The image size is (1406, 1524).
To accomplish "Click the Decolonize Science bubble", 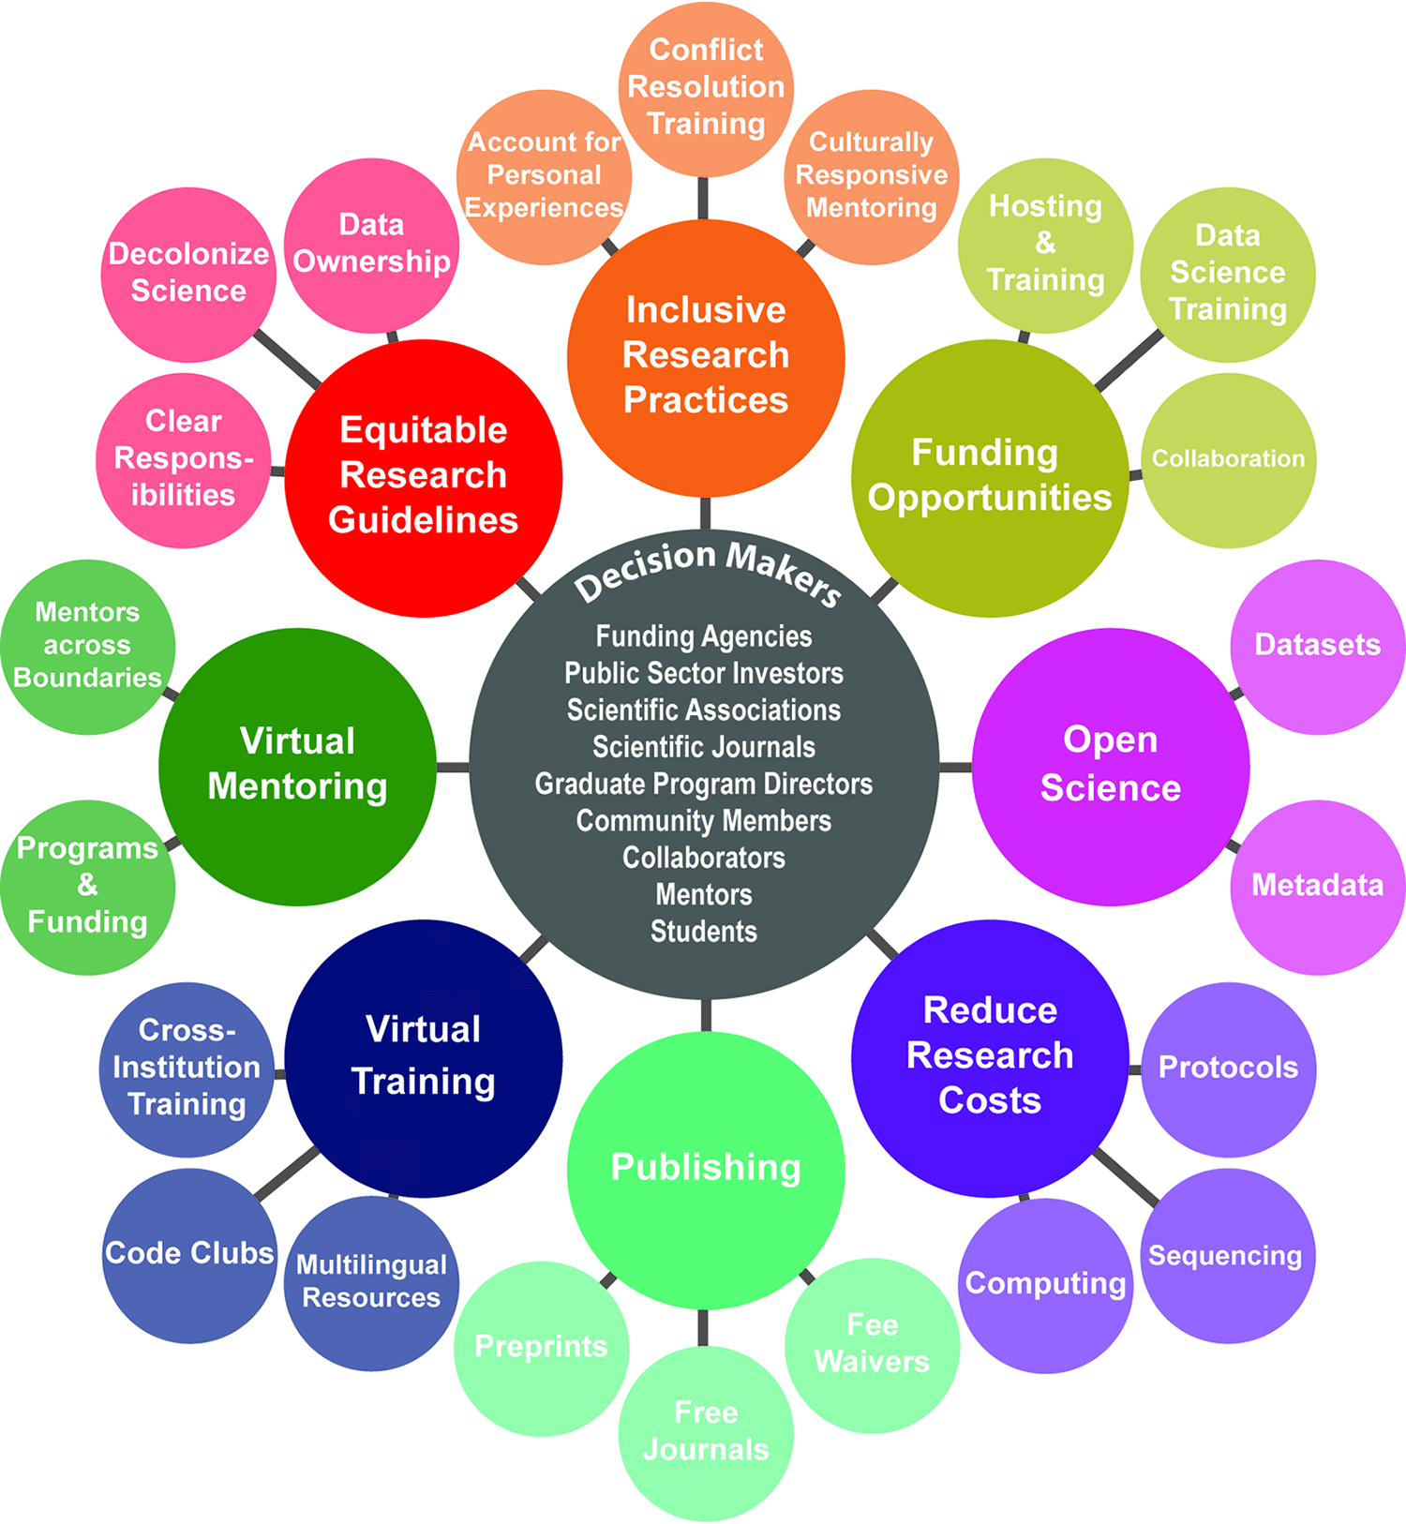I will pos(188,273).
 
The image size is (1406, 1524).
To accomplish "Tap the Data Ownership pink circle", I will pos(371,245).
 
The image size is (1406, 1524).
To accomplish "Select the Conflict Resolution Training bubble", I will pos(706,87).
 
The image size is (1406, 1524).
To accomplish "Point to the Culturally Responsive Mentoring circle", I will pos(871,176).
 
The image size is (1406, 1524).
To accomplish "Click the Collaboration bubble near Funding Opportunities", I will pos(1228,459).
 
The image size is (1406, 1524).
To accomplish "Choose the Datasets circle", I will pos(1317,646).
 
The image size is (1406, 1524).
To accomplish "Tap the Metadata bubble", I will pos(1317,886).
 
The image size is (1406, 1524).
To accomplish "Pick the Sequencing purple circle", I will pos(1227,1256).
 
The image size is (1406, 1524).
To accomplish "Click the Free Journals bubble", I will pos(706,1432).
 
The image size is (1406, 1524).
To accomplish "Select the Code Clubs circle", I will pos(189,1254).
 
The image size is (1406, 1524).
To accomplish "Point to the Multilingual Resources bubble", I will pos(371,1282).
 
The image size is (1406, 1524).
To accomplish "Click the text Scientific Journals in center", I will pos(704,747).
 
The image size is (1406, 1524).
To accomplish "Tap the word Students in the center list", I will pos(704,932).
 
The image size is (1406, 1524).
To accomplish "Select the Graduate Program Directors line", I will pos(704,784).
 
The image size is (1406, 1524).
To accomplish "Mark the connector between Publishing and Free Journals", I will pos(704,1326).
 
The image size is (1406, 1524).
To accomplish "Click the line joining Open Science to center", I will pos(955,768).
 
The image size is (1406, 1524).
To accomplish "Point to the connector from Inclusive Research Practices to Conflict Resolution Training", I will pos(703,199).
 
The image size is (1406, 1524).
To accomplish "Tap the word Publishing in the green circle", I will pos(706,1168).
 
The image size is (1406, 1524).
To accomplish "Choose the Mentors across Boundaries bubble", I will pos(87,646).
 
